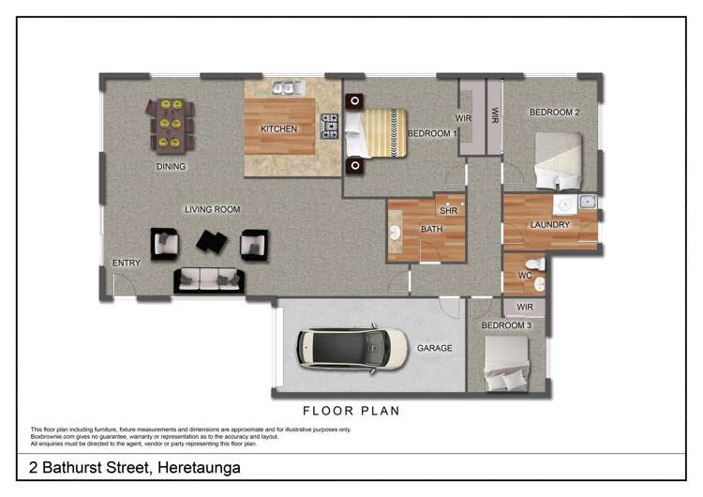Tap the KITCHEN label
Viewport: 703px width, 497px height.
tap(278, 129)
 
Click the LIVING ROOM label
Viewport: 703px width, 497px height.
tap(212, 209)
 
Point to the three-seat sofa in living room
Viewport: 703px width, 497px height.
tap(208, 279)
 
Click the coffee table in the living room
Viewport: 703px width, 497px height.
tap(211, 242)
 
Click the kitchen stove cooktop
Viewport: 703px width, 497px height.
tap(330, 125)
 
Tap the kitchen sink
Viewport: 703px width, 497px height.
tap(284, 88)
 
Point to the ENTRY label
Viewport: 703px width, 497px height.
tap(126, 264)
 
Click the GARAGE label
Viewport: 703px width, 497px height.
tap(435, 348)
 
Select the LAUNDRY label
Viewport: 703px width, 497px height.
tap(549, 225)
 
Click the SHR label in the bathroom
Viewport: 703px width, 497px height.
tap(447, 211)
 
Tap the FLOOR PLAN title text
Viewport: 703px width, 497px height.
tap(351, 411)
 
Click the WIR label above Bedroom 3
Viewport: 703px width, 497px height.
tap(525, 307)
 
